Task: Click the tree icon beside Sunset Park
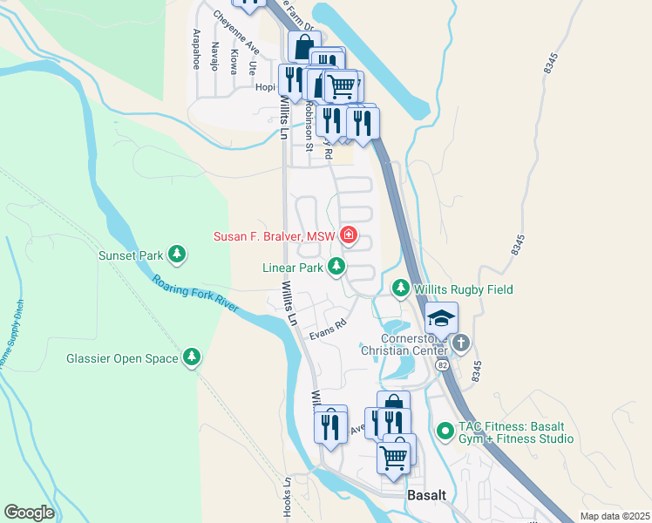click(178, 254)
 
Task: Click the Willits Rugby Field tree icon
click(400, 288)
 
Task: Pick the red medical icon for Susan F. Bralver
click(349, 235)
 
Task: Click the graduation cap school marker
click(442, 318)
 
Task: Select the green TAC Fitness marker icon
click(445, 430)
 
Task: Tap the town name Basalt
click(427, 495)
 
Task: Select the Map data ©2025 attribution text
click(615, 516)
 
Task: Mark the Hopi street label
click(264, 87)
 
